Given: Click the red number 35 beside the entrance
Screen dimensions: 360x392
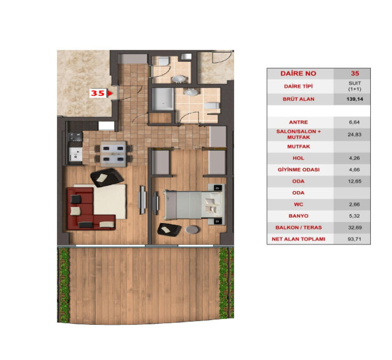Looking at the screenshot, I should pyautogui.click(x=97, y=93).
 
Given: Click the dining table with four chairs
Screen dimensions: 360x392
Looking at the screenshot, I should pyautogui.click(x=113, y=152).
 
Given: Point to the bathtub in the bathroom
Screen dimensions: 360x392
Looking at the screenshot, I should pyautogui.click(x=162, y=99).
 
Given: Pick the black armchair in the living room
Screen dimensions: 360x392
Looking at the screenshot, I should pyautogui.click(x=107, y=177).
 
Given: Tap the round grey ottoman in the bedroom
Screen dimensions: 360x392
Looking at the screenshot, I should pyautogui.click(x=193, y=230).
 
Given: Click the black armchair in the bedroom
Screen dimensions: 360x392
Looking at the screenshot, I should pyautogui.click(x=169, y=229).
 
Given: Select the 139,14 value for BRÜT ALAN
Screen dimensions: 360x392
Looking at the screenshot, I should pyautogui.click(x=352, y=99).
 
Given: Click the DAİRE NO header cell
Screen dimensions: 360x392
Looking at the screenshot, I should pyautogui.click(x=299, y=73).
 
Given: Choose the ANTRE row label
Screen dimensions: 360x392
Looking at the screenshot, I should pyautogui.click(x=299, y=122).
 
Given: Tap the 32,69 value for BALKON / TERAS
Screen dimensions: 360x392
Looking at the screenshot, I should pyautogui.click(x=352, y=227).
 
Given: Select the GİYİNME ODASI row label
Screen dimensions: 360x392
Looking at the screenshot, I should pyautogui.click(x=299, y=169).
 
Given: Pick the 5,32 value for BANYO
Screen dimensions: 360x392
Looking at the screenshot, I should pyautogui.click(x=352, y=216).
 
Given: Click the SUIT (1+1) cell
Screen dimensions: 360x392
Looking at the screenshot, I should pyautogui.click(x=352, y=86).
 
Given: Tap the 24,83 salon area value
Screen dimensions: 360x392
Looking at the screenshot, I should pyautogui.click(x=352, y=134).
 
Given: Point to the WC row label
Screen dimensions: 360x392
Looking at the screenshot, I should pyautogui.click(x=299, y=204).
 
